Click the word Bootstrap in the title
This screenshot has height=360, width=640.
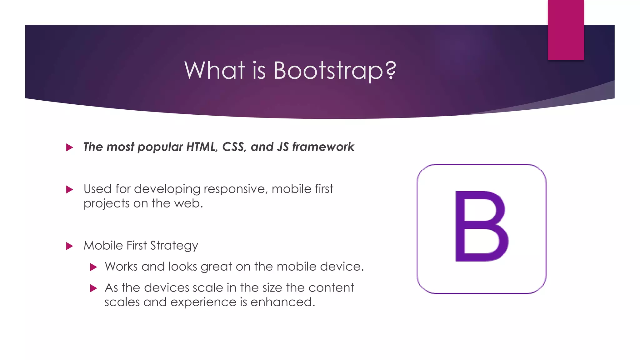pyautogui.click(x=328, y=71)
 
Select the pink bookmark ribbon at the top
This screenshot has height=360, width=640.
pyautogui.click(x=566, y=30)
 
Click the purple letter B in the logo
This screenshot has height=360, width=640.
pyautogui.click(x=481, y=226)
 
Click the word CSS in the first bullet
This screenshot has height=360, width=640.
pyautogui.click(x=234, y=147)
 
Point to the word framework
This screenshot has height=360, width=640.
pyautogui.click(x=323, y=147)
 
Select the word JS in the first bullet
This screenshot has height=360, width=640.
pyautogui.click(x=283, y=147)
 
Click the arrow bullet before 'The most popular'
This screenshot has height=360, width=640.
pyautogui.click(x=70, y=147)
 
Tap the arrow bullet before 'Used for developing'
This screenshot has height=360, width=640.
pyautogui.click(x=70, y=189)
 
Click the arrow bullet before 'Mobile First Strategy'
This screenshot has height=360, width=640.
pyautogui.click(x=70, y=246)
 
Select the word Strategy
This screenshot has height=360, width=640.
pyautogui.click(x=174, y=246)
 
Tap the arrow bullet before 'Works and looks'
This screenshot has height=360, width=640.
pyautogui.click(x=93, y=267)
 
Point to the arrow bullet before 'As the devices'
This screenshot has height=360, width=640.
pyautogui.click(x=93, y=288)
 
